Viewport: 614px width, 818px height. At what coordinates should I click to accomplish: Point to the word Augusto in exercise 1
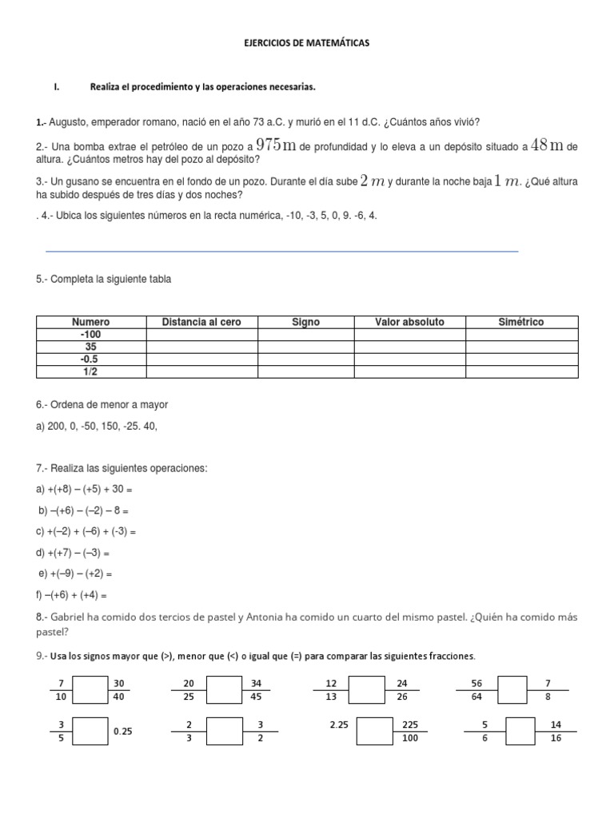69,122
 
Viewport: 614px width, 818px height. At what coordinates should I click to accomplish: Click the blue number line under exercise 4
282,251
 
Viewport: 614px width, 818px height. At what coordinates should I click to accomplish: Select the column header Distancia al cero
201,322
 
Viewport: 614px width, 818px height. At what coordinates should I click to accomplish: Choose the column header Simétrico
520,322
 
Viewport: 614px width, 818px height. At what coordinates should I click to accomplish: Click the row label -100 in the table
91,335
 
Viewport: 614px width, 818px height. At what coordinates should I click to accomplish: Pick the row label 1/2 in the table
91,372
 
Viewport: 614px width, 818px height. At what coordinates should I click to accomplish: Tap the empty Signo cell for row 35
305,347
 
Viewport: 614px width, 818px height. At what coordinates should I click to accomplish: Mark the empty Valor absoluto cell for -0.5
409,359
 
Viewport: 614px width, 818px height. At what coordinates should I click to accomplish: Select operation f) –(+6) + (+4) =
72,595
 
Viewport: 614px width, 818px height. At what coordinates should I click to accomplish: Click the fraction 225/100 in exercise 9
410,732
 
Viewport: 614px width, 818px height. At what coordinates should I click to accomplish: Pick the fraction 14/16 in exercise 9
556,732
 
